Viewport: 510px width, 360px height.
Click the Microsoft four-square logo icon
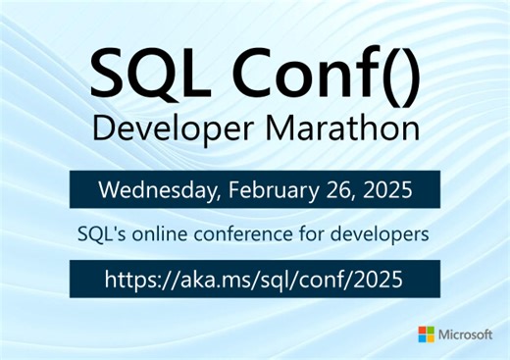pos(428,334)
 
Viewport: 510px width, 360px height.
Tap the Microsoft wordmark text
pos(468,334)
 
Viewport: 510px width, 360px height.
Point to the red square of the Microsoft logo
pos(423,330)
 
